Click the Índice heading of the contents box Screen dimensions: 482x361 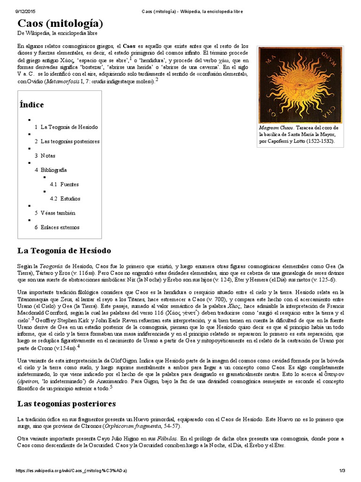(x=31, y=104)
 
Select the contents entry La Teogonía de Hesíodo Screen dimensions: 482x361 (x=69, y=127)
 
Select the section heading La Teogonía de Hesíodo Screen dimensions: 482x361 (x=64, y=250)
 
